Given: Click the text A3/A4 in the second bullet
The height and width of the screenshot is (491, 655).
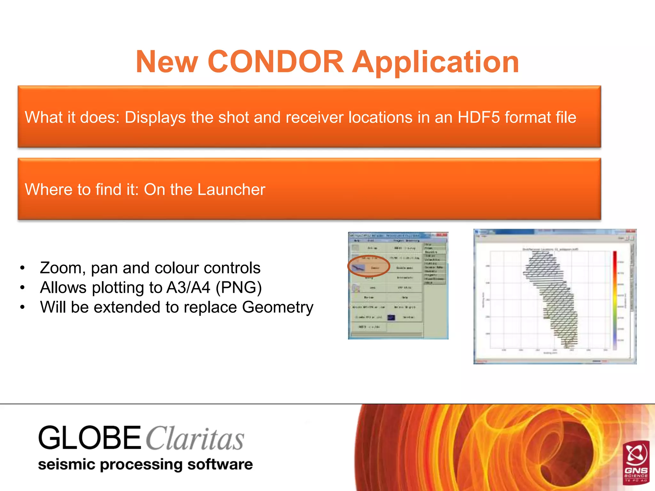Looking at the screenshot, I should point(188,287).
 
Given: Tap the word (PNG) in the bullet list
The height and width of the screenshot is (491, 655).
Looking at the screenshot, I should point(239,288).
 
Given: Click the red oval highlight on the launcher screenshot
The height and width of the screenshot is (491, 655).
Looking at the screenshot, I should point(368,266).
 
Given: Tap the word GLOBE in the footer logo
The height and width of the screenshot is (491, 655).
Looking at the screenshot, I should point(89,438).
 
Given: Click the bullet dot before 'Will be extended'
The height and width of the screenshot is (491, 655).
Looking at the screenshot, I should point(22,307).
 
